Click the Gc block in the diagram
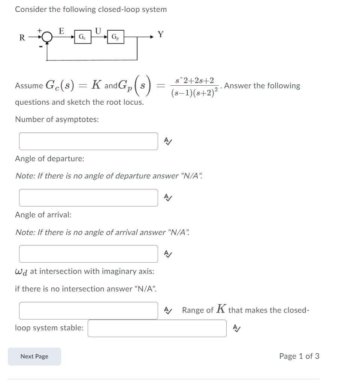pyautogui.click(x=81, y=37)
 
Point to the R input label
pyautogui.click(x=22, y=37)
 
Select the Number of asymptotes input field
pyautogui.click(x=88, y=141)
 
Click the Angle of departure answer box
pyautogui.click(x=88, y=198)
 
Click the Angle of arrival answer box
pyautogui.click(x=88, y=254)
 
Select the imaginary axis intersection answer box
pyautogui.click(x=88, y=311)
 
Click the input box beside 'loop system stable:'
pyautogui.click(x=157, y=328)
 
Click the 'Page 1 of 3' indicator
pyautogui.click(x=299, y=356)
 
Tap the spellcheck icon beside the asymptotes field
pyautogui.click(x=168, y=141)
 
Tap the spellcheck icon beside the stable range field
pyautogui.click(x=237, y=328)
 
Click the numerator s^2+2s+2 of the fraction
pyautogui.click(x=195, y=80)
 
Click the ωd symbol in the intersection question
pyautogui.click(x=21, y=271)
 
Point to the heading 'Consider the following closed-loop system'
pyautogui.click(x=91, y=10)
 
